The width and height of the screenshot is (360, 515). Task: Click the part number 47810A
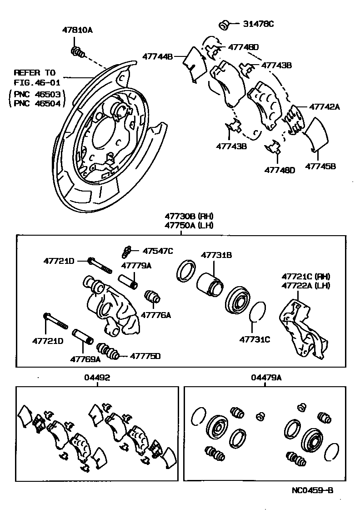[x=77, y=30]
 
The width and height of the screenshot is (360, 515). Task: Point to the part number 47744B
[x=158, y=57]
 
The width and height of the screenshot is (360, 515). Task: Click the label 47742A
[x=325, y=107]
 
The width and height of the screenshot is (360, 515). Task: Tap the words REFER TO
[x=34, y=73]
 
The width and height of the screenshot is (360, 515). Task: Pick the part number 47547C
[x=158, y=251]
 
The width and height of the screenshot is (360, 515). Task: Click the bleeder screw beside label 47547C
[x=127, y=251]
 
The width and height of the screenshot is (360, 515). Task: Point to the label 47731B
[x=217, y=256]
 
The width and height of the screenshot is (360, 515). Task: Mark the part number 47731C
[x=255, y=339]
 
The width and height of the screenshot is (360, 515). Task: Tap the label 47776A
[x=156, y=314]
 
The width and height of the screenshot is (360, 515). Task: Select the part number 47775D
[x=145, y=356]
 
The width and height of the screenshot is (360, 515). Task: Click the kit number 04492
[x=97, y=377]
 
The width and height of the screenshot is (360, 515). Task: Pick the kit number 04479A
[x=266, y=377]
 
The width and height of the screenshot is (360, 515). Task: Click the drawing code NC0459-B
[x=313, y=490]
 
